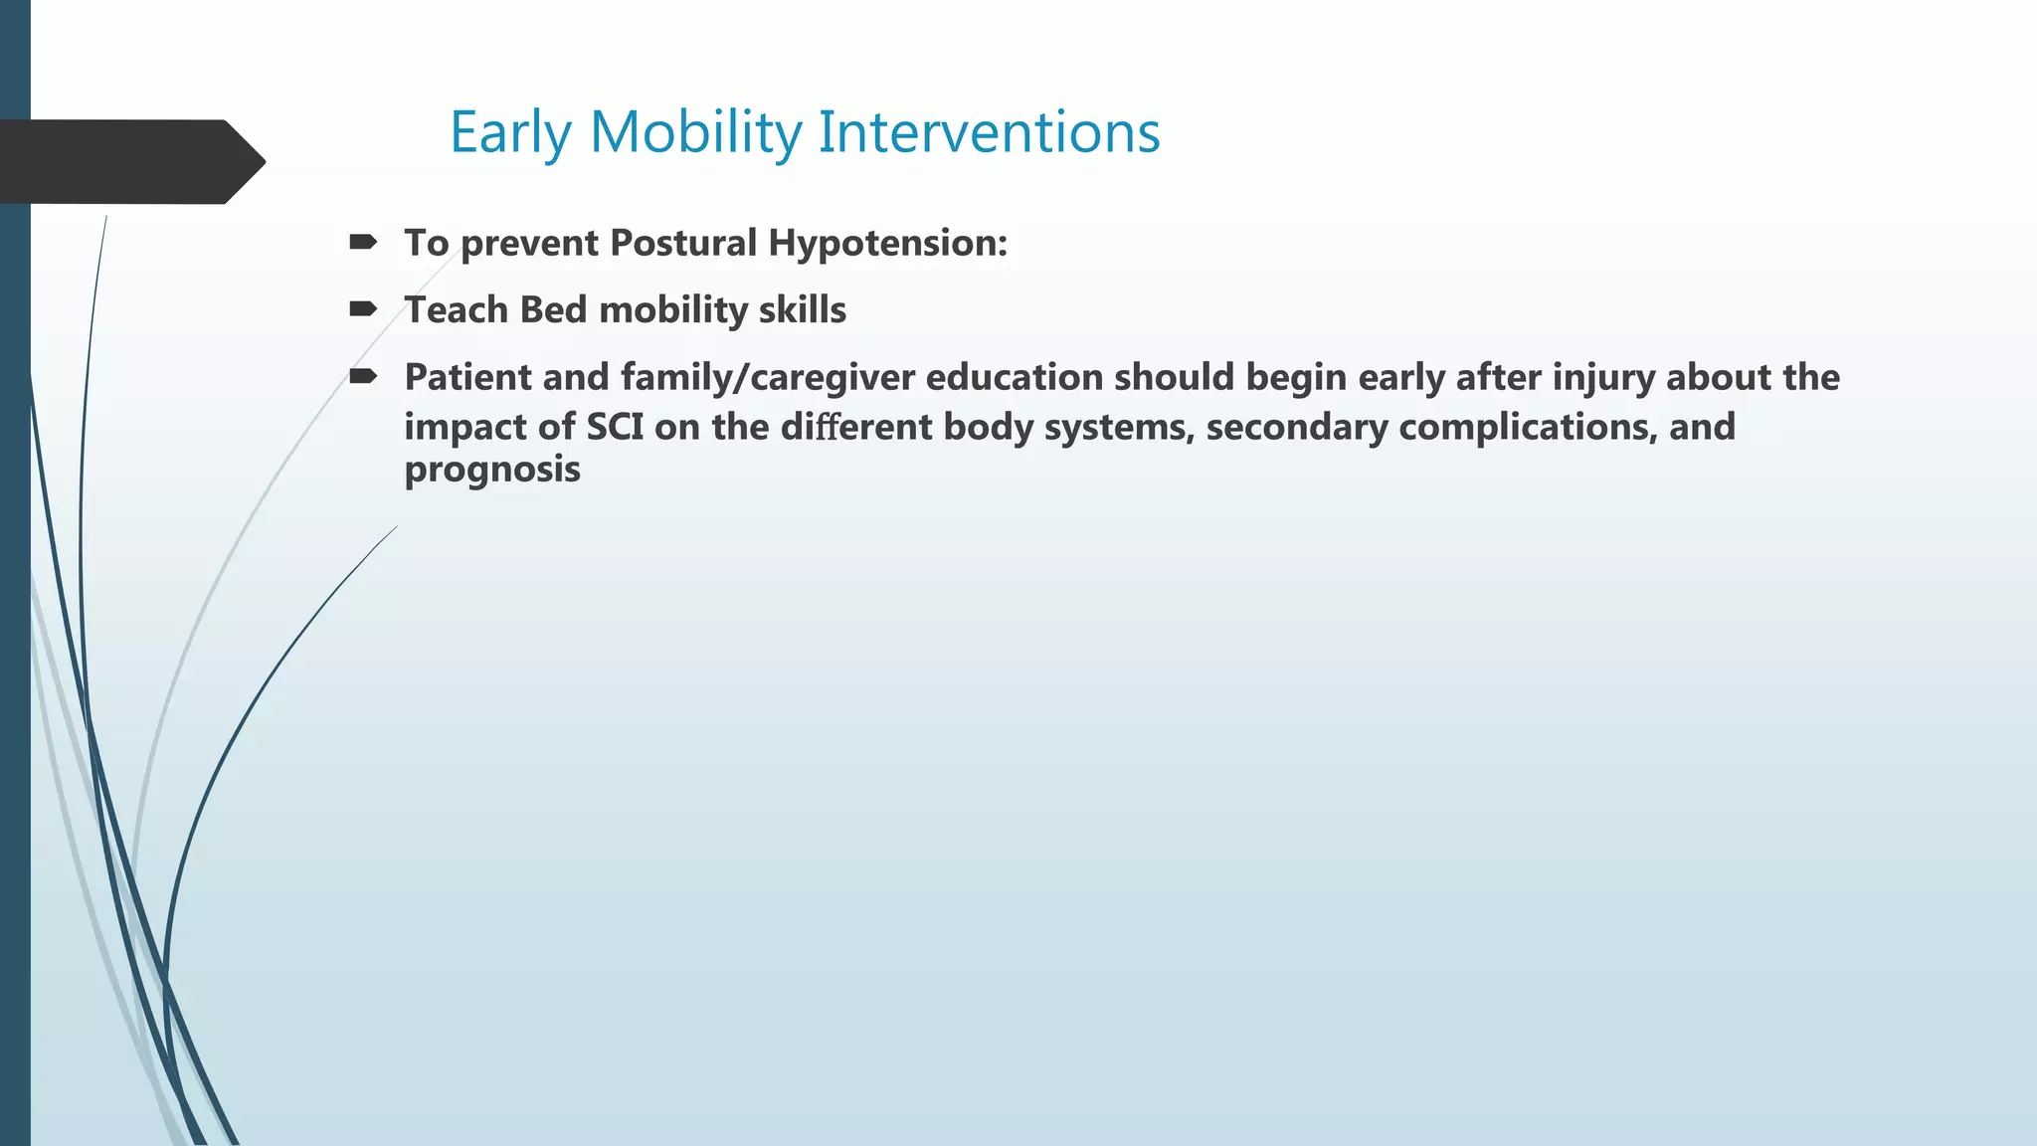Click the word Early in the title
click(x=511, y=132)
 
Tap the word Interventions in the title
click(x=989, y=132)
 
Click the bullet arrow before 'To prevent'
click(x=363, y=242)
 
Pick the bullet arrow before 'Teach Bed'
click(x=363, y=309)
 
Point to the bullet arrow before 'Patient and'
click(x=363, y=376)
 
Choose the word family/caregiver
click(x=768, y=378)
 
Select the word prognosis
click(x=492, y=470)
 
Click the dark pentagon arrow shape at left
click(x=129, y=162)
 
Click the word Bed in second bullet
click(x=553, y=310)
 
